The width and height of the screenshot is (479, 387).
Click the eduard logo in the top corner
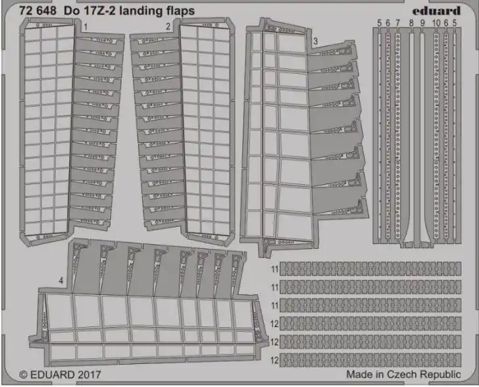coord(436,11)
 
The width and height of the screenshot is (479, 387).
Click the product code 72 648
coord(38,11)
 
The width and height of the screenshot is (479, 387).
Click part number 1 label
coord(86,27)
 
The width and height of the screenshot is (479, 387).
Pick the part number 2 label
coord(168,26)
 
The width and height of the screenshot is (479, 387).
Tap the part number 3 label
coord(316,41)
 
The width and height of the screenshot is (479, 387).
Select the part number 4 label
coord(61,280)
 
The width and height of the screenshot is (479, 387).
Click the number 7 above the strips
coord(397,23)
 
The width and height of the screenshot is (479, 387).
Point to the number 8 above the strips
coord(411,23)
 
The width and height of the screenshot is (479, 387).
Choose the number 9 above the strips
coord(422,23)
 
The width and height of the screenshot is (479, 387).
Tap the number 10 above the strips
coord(436,23)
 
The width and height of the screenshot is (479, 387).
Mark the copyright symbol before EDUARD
coord(23,374)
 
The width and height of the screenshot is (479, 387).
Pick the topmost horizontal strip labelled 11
coord(370,269)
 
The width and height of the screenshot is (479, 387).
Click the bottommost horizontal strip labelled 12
coord(370,360)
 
